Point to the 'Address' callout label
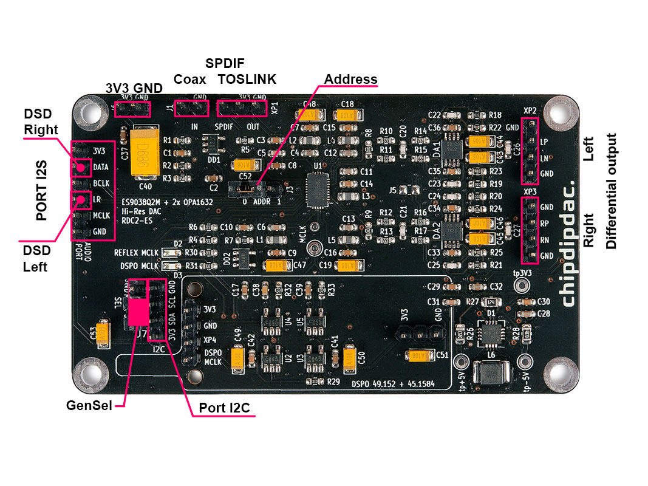pos(350,80)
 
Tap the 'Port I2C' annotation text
pos(225,408)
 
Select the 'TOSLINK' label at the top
pos(247,79)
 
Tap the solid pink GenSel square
pos(138,312)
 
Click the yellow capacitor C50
pos(349,357)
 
